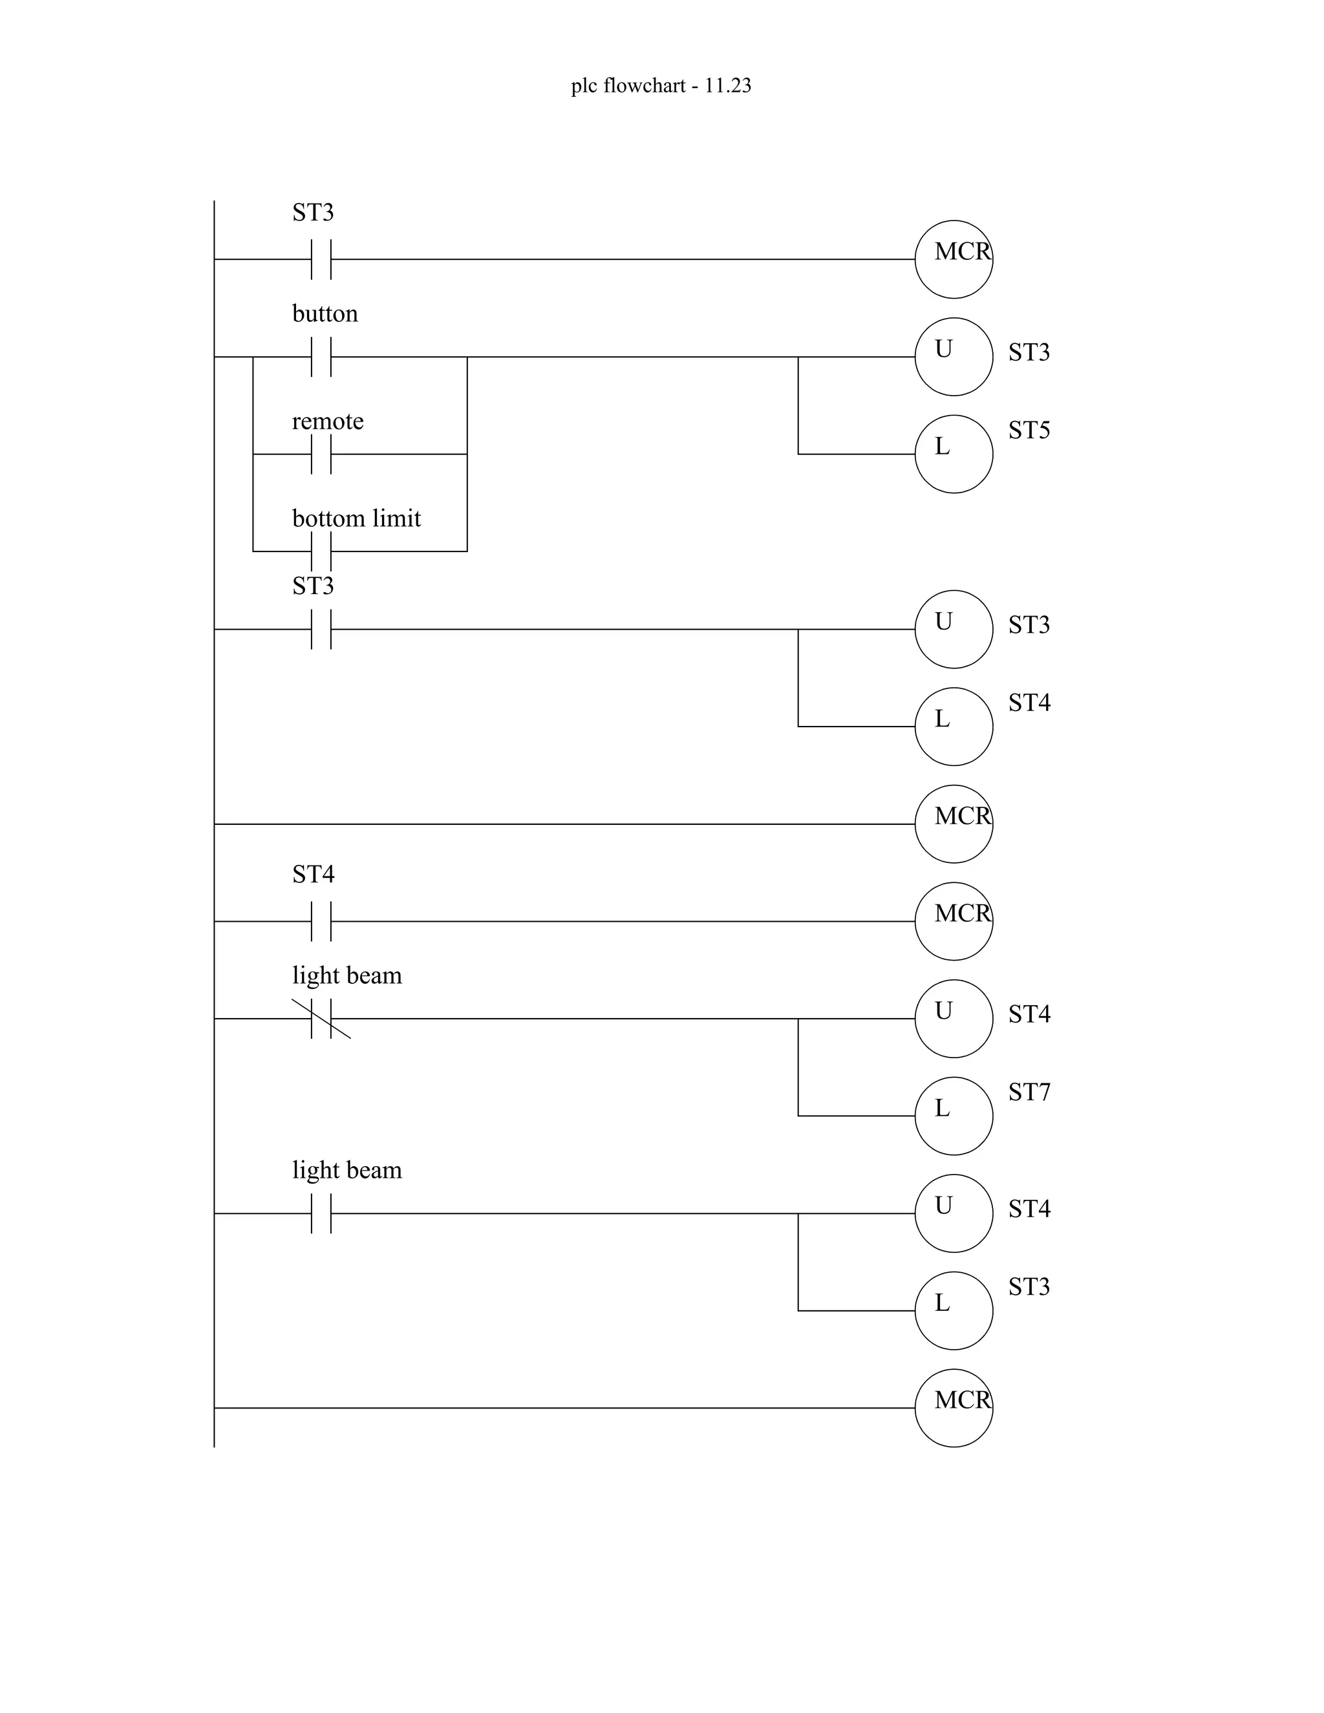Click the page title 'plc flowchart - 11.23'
pos(661,85)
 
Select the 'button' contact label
pos(325,314)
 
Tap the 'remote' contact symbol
pos(321,454)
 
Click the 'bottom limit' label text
pos(356,518)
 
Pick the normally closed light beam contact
pos(321,1018)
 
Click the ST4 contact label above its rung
pos(313,874)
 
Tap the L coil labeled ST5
pos(953,454)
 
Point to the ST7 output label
pos(1029,1092)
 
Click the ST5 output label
pos(1029,430)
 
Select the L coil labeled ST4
pos(953,727)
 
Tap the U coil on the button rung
pos(953,357)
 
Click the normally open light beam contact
pos(321,1213)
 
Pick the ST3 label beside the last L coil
pos(1029,1286)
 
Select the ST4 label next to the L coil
pos(1029,703)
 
